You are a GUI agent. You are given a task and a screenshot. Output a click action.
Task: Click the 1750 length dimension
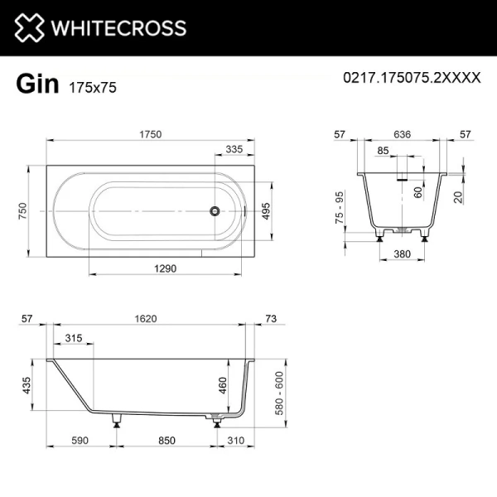pyautogui.click(x=149, y=135)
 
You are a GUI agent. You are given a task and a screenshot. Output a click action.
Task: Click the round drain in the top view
pyautogui.click(x=215, y=211)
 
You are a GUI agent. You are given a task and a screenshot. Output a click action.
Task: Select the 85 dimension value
pyautogui.click(x=383, y=151)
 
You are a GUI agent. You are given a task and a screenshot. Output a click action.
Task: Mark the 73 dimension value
pyautogui.click(x=270, y=318)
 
